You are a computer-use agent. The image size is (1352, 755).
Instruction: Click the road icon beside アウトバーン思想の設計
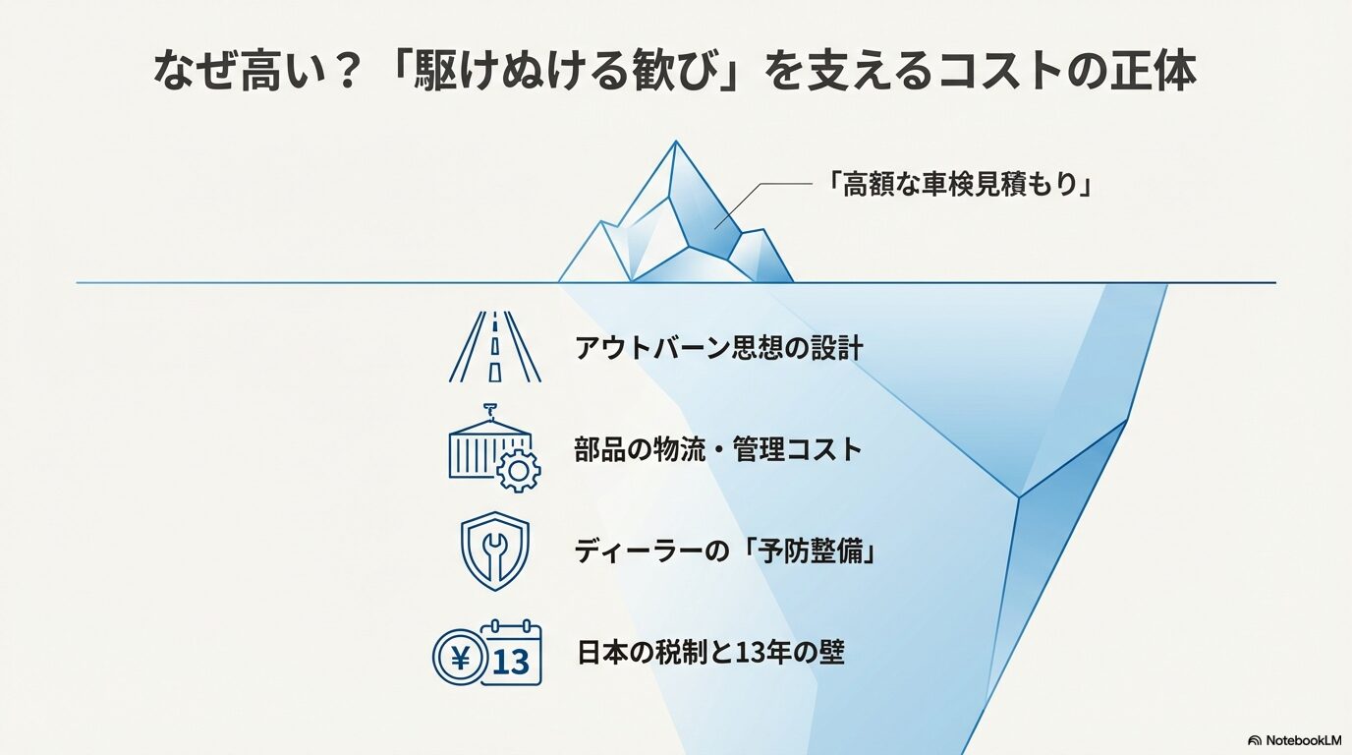494,347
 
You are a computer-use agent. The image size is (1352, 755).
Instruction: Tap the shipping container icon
481,448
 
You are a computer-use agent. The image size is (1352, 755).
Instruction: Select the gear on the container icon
518,471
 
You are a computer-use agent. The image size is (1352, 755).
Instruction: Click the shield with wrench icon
494,552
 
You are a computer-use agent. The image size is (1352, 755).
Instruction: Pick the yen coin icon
459,658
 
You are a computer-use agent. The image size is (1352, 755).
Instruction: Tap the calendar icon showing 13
513,653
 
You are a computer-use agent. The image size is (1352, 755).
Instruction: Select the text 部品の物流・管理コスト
718,450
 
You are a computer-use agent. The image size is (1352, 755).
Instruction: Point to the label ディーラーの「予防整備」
725,552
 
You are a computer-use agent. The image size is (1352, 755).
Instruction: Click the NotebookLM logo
1295,740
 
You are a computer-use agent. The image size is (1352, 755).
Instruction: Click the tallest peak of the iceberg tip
675,146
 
